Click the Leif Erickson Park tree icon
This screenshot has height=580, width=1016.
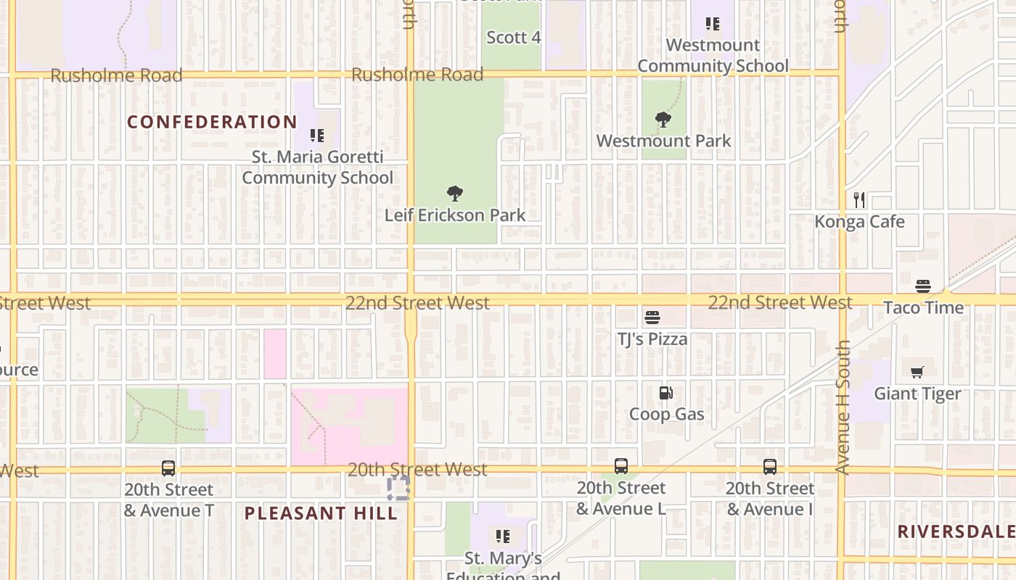(x=455, y=194)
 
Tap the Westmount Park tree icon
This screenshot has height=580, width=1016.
(x=663, y=120)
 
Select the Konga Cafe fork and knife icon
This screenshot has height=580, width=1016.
(x=859, y=200)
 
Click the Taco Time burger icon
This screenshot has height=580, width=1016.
(x=923, y=286)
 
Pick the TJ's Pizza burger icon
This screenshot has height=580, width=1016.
(x=652, y=318)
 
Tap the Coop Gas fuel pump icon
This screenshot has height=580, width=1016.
(x=665, y=393)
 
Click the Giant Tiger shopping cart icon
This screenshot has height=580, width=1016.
(x=917, y=373)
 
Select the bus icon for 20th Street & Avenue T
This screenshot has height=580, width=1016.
(x=168, y=468)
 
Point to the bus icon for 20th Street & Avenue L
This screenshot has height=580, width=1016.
(x=621, y=466)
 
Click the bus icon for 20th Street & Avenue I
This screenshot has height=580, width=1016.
(x=770, y=467)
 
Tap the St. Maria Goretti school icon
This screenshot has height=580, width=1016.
(x=316, y=136)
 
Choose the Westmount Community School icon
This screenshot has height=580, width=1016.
(x=713, y=24)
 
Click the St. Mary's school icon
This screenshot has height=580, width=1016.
(x=503, y=536)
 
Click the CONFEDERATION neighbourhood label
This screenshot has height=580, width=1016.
(x=213, y=122)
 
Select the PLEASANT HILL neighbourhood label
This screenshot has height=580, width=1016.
(x=321, y=513)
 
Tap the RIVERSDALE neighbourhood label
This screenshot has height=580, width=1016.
(x=956, y=531)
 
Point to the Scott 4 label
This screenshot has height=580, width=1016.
(x=514, y=38)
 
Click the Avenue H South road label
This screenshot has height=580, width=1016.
(x=843, y=407)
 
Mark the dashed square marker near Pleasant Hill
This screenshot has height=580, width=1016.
(x=398, y=488)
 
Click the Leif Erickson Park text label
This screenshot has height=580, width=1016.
(x=455, y=215)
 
